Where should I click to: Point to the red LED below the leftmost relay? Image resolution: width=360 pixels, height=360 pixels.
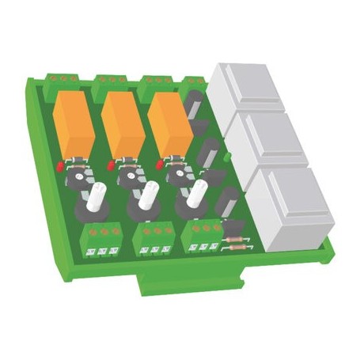coord(60,169)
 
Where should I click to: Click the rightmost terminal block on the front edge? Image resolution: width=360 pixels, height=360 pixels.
coord(203,236)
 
